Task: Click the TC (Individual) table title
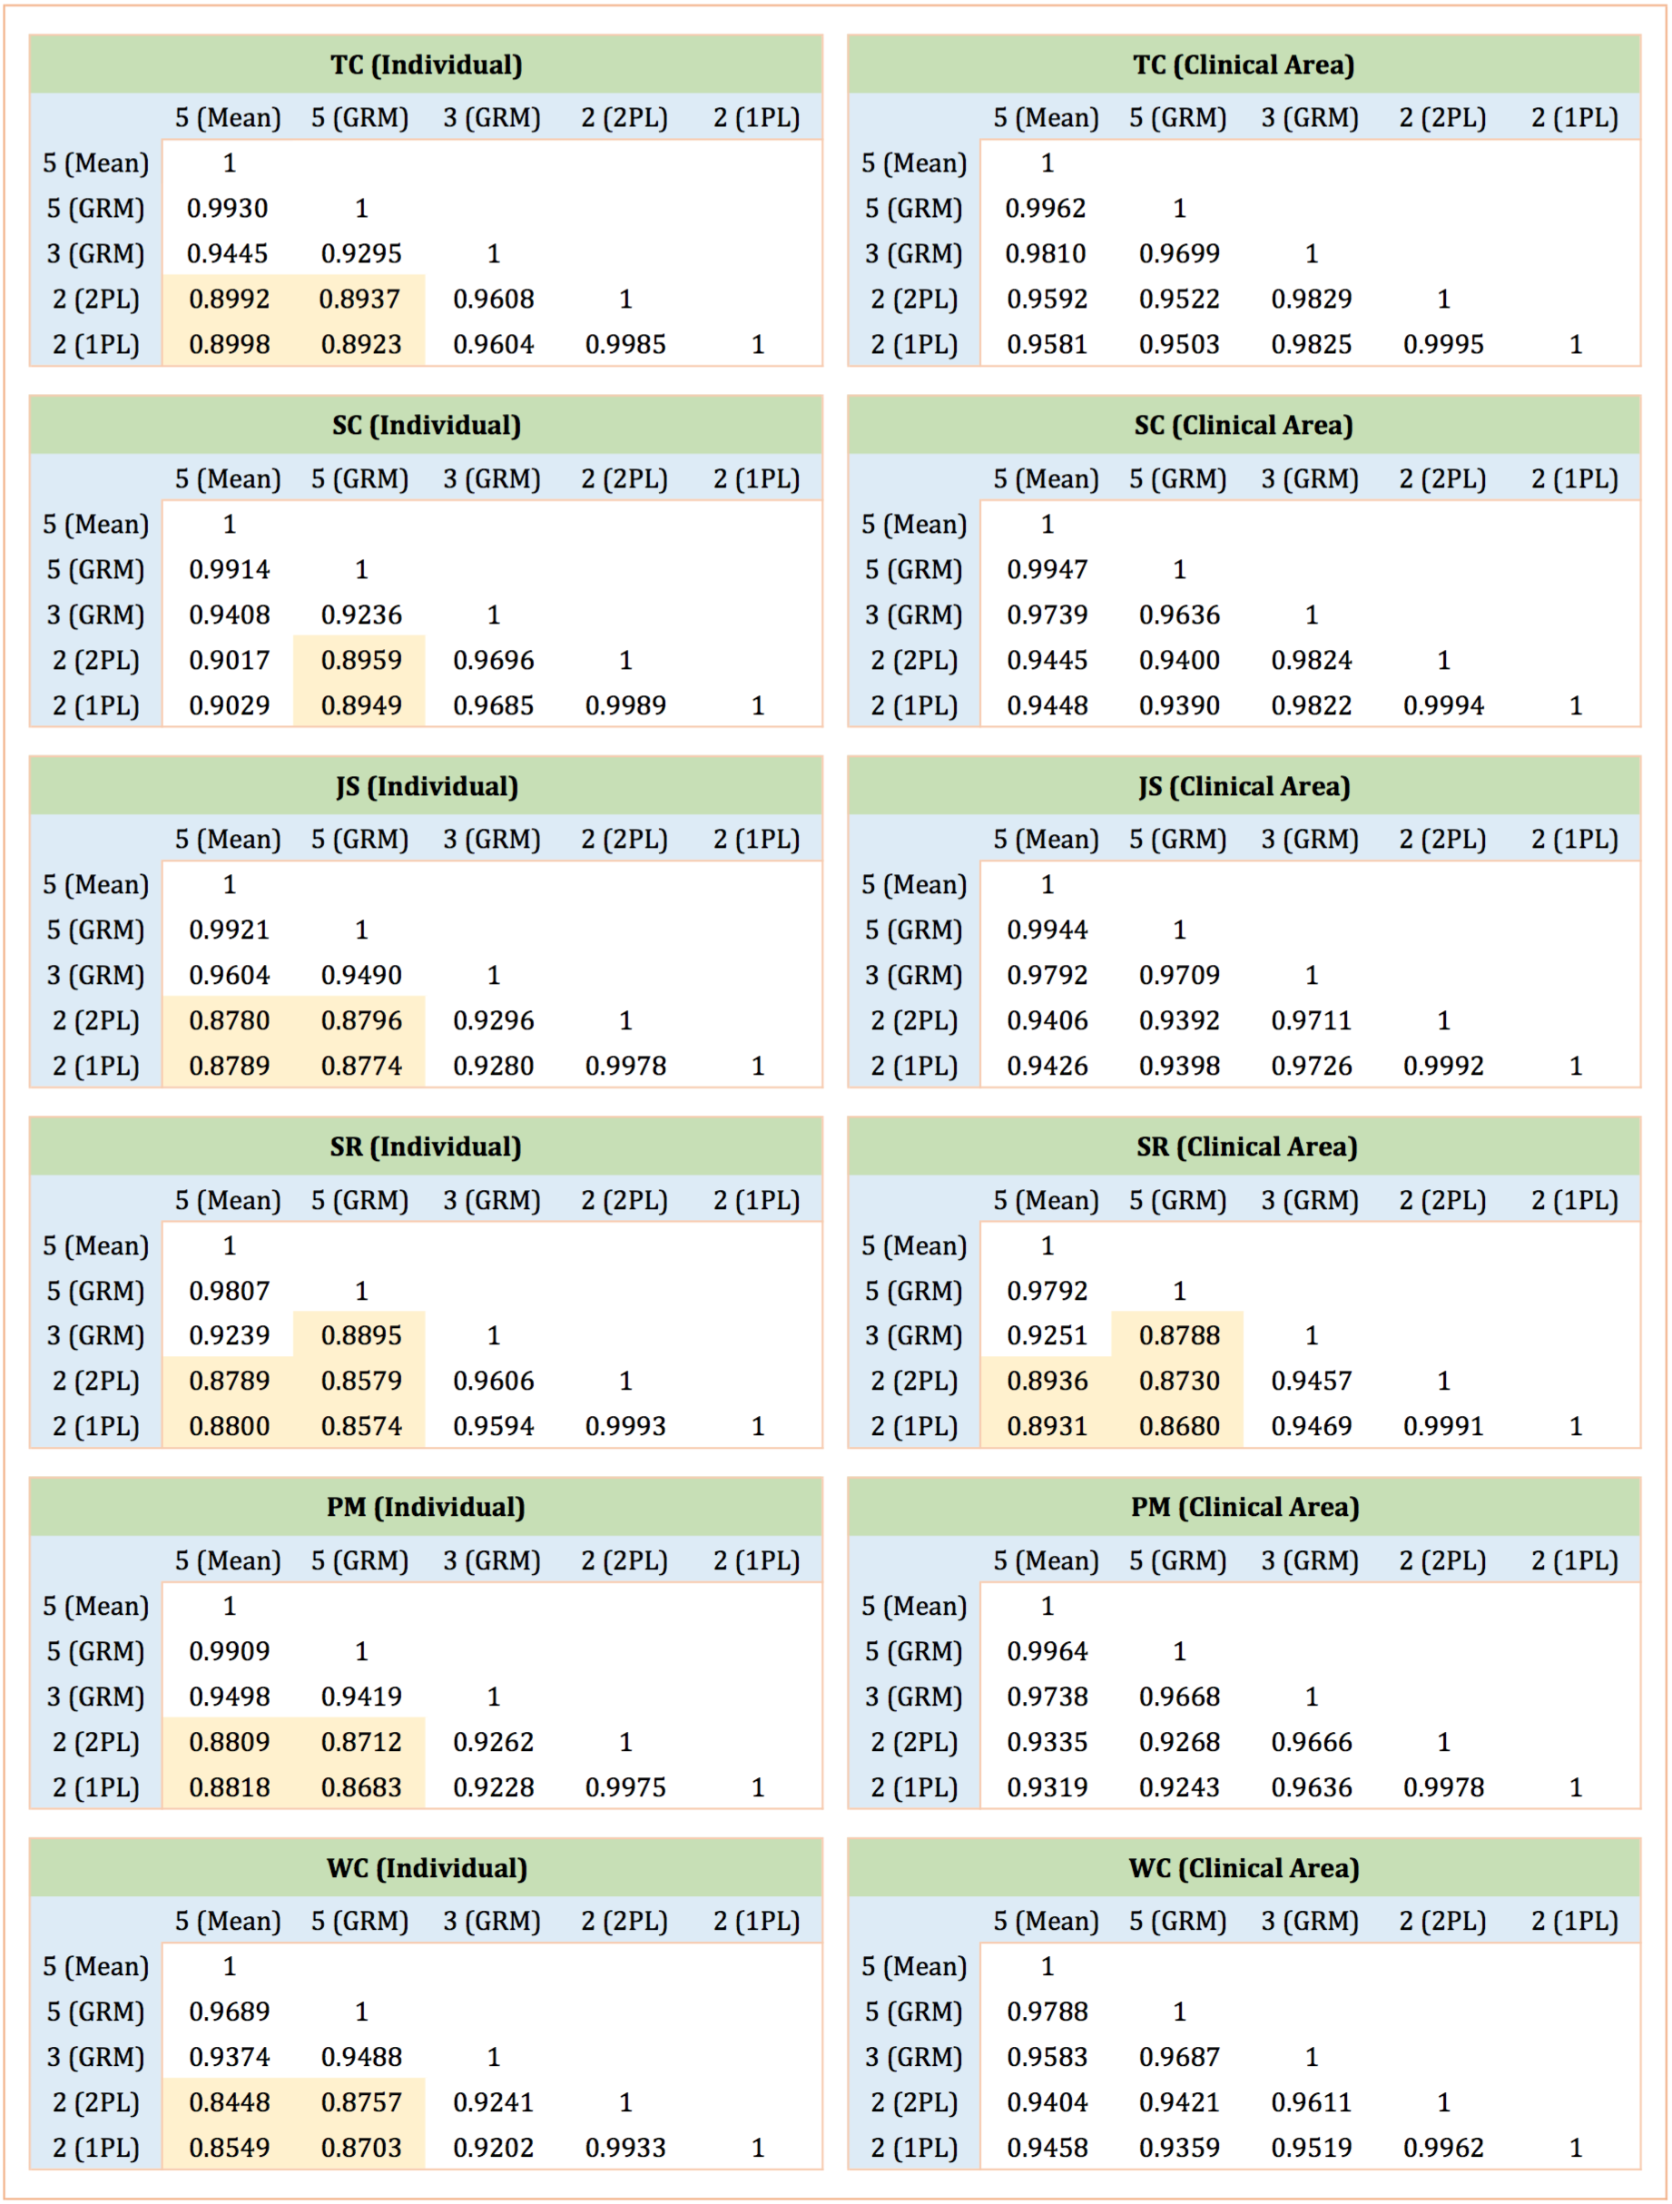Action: point(426,64)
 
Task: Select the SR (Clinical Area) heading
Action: point(1246,1146)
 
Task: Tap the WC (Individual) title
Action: point(427,1867)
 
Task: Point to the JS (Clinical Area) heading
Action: point(1244,786)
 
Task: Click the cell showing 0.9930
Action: point(228,208)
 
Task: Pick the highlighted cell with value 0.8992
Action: point(228,299)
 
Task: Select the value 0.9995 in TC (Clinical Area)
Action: point(1443,344)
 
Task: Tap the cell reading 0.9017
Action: point(228,660)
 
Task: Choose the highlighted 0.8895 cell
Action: point(360,1335)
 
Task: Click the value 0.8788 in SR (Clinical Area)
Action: point(1179,1335)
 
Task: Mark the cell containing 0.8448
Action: point(228,2101)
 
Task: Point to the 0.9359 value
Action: point(1179,2147)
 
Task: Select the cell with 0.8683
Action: point(360,1786)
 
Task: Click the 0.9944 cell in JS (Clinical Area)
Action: point(1047,930)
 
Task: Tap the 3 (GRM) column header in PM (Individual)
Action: point(492,1560)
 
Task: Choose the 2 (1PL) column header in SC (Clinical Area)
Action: point(1574,479)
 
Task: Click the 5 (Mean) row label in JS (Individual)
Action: point(95,885)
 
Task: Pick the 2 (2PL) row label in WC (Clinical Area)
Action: point(914,2101)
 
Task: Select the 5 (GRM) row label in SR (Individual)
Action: point(95,1290)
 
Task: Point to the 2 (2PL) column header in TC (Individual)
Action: point(625,118)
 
